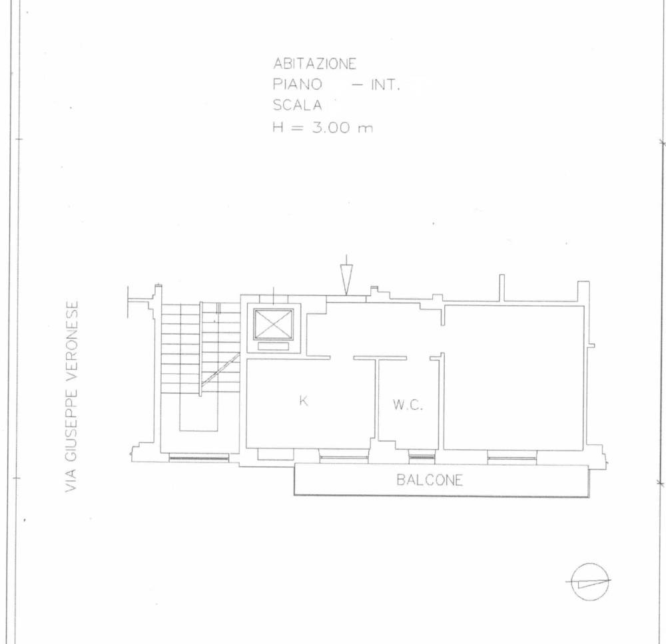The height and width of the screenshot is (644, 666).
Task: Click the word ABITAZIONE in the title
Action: pyautogui.click(x=314, y=64)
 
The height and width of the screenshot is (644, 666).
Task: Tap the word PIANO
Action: pyautogui.click(x=297, y=84)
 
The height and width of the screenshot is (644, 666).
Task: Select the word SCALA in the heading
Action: pyautogui.click(x=297, y=105)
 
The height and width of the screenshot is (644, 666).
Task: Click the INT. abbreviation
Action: pyautogui.click(x=386, y=85)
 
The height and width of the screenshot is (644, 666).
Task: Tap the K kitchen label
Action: pyautogui.click(x=304, y=401)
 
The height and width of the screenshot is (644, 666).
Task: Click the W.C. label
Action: pyautogui.click(x=408, y=404)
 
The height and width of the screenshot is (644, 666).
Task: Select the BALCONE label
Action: pyautogui.click(x=430, y=480)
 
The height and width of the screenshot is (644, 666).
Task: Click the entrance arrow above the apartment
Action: pyautogui.click(x=346, y=275)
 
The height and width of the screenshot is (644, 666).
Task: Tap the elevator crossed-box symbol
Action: pyautogui.click(x=274, y=324)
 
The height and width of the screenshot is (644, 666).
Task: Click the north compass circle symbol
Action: pyautogui.click(x=590, y=581)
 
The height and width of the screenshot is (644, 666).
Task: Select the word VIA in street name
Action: pyautogui.click(x=72, y=480)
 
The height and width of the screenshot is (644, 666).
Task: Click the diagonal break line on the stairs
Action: pyautogui.click(x=220, y=369)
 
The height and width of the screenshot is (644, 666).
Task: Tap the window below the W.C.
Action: pyautogui.click(x=422, y=457)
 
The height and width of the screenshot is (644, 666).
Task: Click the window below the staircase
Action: pyautogui.click(x=198, y=458)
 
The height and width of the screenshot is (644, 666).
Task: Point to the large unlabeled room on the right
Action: pyautogui.click(x=513, y=377)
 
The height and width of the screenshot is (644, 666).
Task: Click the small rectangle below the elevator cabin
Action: pyautogui.click(x=273, y=346)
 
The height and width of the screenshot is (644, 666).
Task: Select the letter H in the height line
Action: pyautogui.click(x=278, y=127)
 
